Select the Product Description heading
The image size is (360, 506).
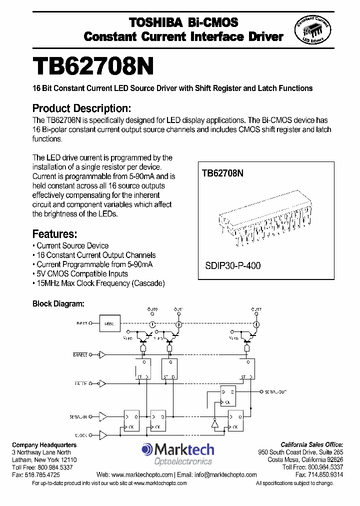[81, 108]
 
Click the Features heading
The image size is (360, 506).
[54, 233]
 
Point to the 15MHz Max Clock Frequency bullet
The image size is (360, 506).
[99, 283]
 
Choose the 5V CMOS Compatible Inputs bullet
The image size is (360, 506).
[82, 273]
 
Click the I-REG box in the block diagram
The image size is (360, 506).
[109, 324]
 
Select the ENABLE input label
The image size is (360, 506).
[79, 354]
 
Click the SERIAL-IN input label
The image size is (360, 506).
[78, 416]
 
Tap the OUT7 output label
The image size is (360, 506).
[256, 309]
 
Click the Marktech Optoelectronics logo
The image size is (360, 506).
[177, 454]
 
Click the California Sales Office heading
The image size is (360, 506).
[311, 444]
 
